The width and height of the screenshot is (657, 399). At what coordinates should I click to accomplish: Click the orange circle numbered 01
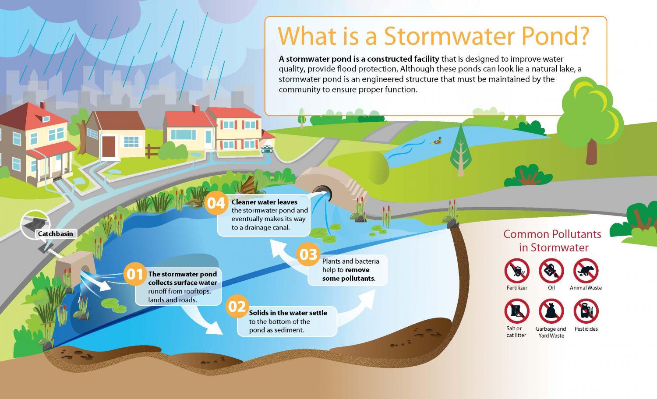(x=134, y=274)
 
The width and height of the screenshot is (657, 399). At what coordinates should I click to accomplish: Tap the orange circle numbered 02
(x=237, y=306)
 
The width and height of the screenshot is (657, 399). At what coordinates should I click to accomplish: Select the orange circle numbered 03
(x=308, y=254)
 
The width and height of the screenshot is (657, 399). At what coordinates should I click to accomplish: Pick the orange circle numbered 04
(x=216, y=203)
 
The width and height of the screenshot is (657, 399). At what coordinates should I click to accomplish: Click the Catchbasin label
(x=56, y=234)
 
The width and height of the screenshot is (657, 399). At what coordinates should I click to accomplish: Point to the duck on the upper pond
(x=437, y=141)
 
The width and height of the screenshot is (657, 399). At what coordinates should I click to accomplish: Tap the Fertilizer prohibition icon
(x=517, y=271)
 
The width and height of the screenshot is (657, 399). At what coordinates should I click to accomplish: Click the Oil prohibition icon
(x=551, y=271)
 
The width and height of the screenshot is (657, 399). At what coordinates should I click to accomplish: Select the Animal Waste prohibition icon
(x=586, y=271)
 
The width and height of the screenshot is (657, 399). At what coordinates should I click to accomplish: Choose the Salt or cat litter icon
(x=517, y=311)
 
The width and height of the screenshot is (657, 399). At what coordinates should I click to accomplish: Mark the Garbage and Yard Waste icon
(x=551, y=311)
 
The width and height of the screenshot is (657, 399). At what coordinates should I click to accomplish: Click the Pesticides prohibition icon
(x=586, y=311)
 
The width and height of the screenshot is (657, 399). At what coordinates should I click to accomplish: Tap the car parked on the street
(x=266, y=149)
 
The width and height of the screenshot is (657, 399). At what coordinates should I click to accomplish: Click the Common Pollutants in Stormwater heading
(x=552, y=241)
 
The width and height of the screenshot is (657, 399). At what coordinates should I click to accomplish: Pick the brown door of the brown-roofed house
(x=109, y=146)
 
